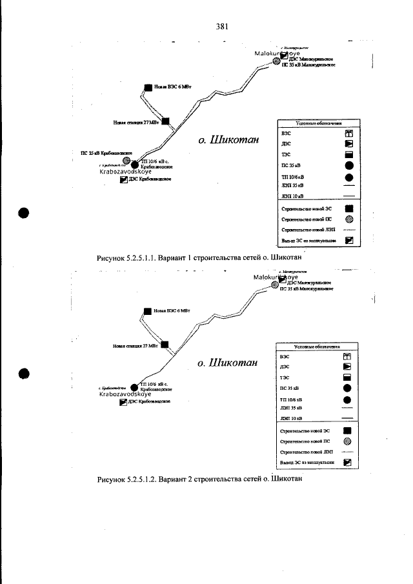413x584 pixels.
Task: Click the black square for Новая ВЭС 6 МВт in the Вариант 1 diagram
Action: [148, 86]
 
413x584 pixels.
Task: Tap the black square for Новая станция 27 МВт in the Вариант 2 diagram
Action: [165, 345]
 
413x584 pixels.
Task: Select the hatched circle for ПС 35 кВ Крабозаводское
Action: [127, 161]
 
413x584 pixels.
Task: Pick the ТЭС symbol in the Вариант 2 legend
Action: [348, 378]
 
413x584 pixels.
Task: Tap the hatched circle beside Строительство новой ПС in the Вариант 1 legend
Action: [349, 219]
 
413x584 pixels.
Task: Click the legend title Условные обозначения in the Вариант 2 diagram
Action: [316, 346]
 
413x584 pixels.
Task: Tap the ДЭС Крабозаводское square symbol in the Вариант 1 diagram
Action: [124, 180]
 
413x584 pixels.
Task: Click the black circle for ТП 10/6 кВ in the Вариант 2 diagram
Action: [134, 387]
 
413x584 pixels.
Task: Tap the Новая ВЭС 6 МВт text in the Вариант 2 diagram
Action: [174, 311]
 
